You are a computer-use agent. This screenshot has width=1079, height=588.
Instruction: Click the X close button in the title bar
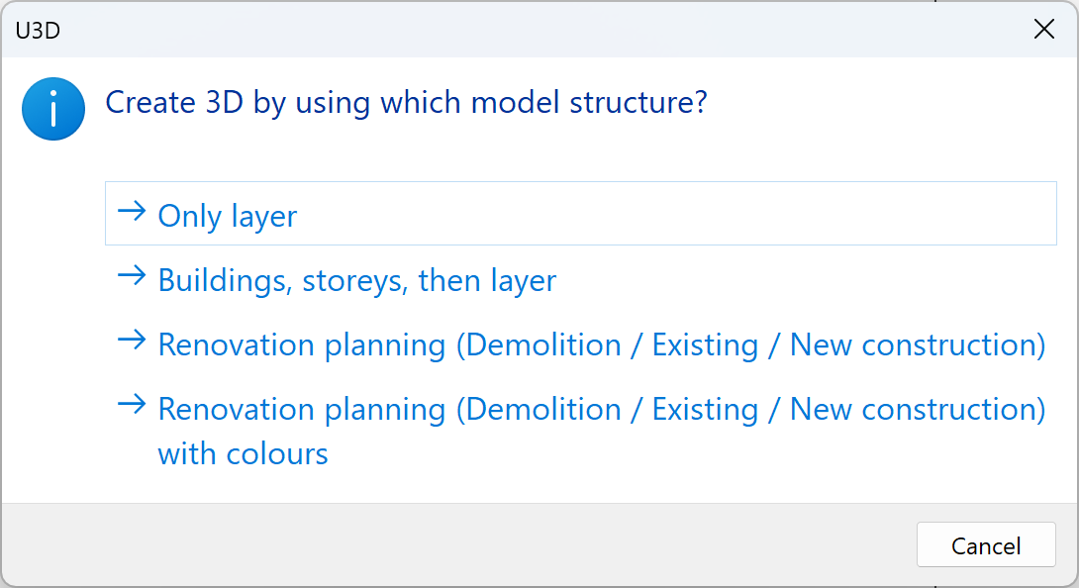(1043, 30)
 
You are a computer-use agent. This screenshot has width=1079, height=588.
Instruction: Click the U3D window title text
(38, 30)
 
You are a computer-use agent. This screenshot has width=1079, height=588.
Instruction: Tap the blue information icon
(53, 109)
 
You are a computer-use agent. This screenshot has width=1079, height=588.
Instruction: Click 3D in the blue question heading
(225, 103)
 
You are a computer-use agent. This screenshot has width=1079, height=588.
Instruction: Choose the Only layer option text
(228, 216)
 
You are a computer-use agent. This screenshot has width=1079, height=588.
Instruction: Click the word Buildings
(224, 281)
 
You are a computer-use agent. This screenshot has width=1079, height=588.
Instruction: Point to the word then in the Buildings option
(450, 281)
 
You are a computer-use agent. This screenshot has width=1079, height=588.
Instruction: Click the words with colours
(243, 454)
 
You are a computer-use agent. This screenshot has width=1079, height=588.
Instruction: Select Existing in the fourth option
(705, 410)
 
